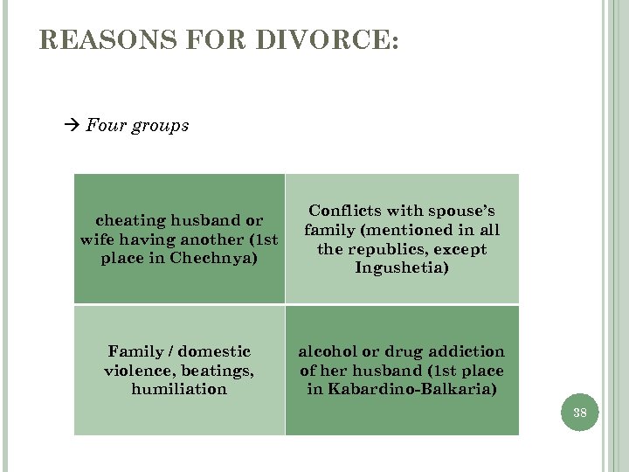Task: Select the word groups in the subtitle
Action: tap(160, 126)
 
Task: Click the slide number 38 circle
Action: tap(580, 413)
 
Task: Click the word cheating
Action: tap(131, 220)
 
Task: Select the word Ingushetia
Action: tap(402, 268)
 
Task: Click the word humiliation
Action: tap(179, 389)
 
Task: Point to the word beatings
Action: tap(217, 370)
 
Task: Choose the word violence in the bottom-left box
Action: tap(139, 370)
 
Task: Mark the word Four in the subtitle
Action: tap(105, 126)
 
